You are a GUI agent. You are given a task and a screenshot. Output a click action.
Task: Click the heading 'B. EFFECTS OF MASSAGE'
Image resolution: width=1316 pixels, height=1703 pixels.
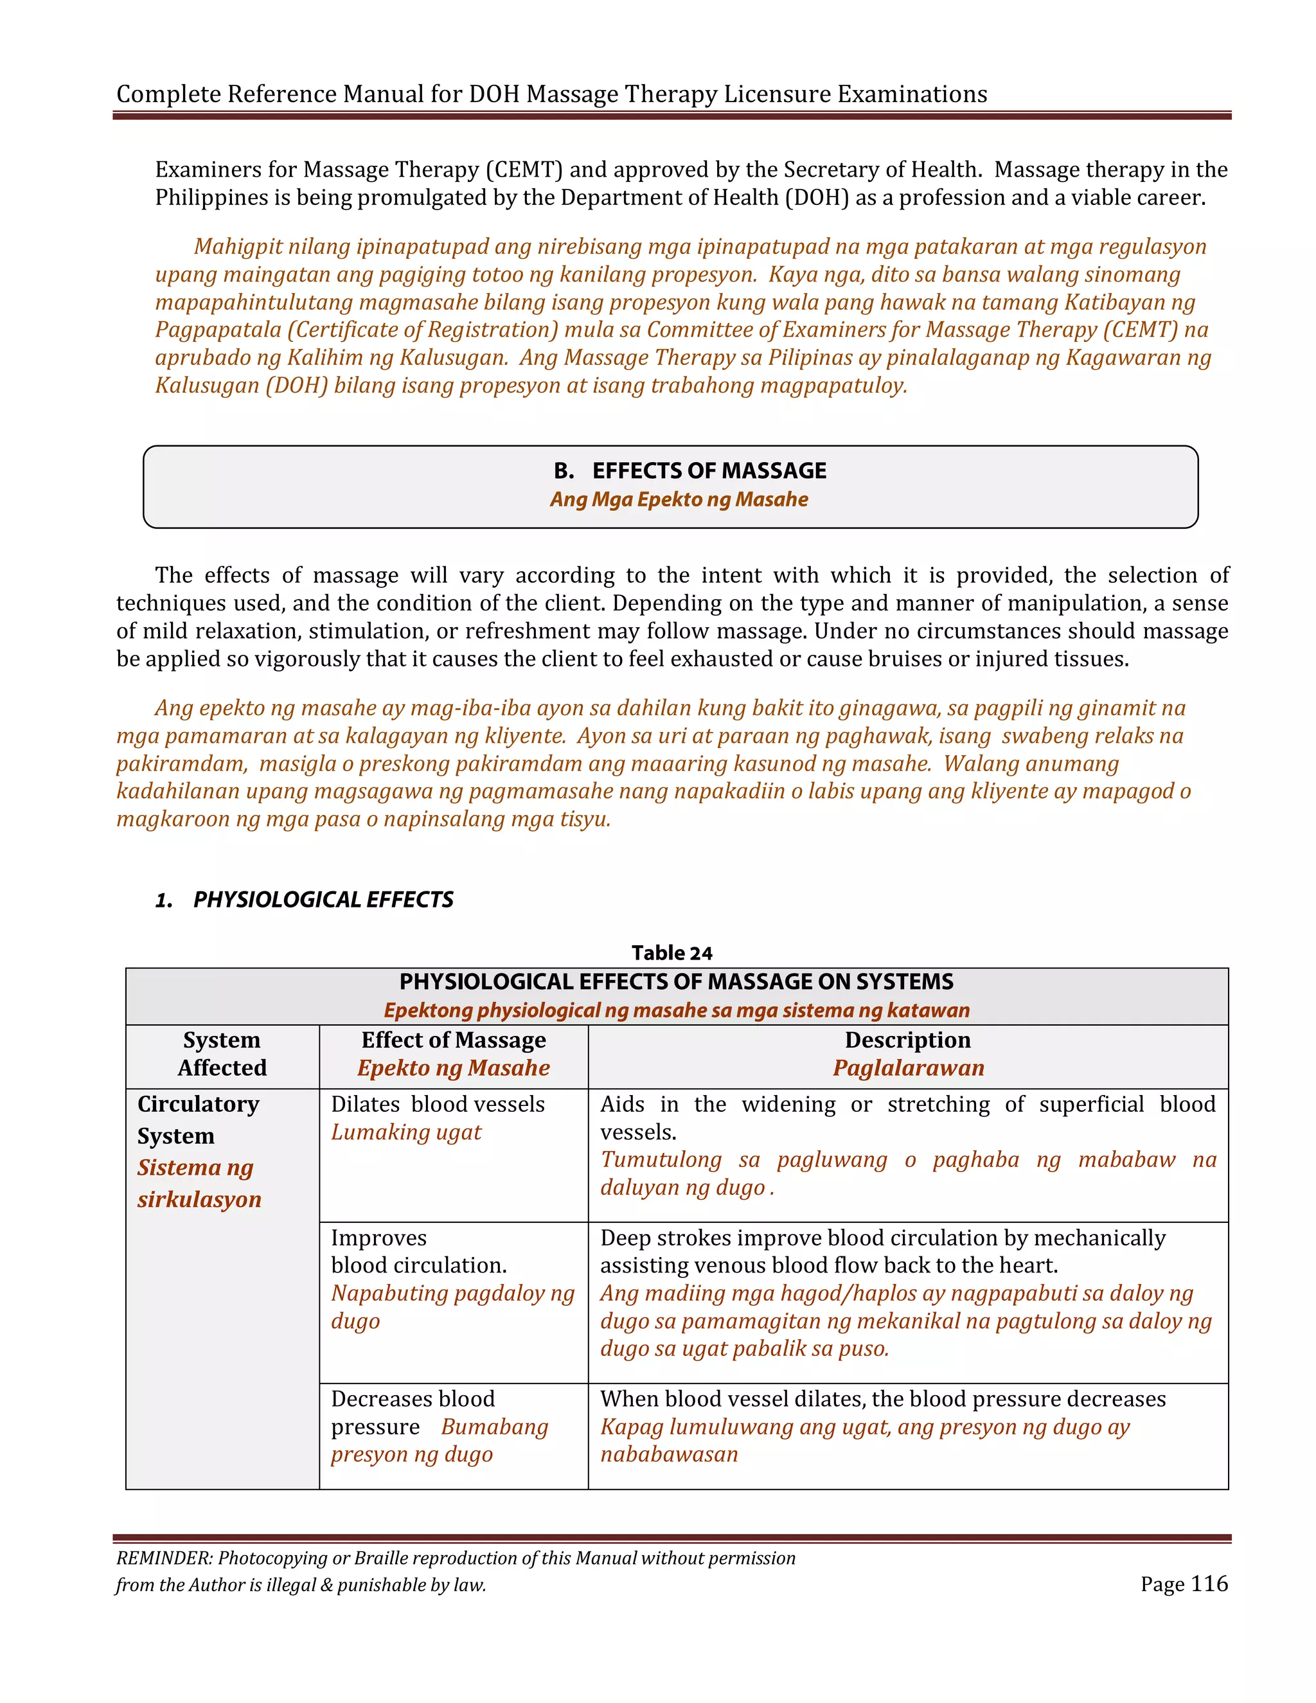(689, 470)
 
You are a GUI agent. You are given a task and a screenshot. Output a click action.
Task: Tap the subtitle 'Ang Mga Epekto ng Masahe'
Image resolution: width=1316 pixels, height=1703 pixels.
(679, 499)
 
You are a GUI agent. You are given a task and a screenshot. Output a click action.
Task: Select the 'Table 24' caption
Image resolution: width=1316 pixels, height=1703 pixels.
(671, 953)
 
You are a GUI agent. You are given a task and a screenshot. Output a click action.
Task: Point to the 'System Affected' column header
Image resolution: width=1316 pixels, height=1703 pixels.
(222, 1053)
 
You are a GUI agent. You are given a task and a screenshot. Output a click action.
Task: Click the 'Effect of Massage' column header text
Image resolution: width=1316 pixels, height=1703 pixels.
(453, 1040)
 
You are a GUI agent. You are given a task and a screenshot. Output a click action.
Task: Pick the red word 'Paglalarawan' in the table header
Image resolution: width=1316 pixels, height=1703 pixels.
(907, 1067)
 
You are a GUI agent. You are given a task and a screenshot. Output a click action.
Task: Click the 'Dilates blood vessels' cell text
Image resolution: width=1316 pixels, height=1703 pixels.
(438, 1104)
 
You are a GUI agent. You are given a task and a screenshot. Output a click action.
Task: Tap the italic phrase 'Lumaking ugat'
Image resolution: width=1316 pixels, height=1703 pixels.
(405, 1132)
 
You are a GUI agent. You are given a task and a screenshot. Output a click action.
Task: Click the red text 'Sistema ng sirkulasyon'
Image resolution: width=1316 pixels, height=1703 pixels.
(199, 1183)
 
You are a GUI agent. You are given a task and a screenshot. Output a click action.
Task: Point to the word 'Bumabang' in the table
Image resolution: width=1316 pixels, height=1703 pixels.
(494, 1427)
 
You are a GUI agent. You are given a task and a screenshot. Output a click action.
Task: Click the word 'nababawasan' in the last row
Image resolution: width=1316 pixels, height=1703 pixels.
(668, 1454)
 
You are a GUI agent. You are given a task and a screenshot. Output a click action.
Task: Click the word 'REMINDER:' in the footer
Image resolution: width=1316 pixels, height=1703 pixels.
(164, 1558)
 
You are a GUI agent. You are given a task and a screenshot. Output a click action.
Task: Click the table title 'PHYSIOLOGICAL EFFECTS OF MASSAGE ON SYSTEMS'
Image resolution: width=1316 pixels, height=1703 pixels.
(676, 982)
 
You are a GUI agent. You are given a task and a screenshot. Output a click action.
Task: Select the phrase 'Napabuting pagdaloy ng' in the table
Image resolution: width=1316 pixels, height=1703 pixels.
(452, 1293)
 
